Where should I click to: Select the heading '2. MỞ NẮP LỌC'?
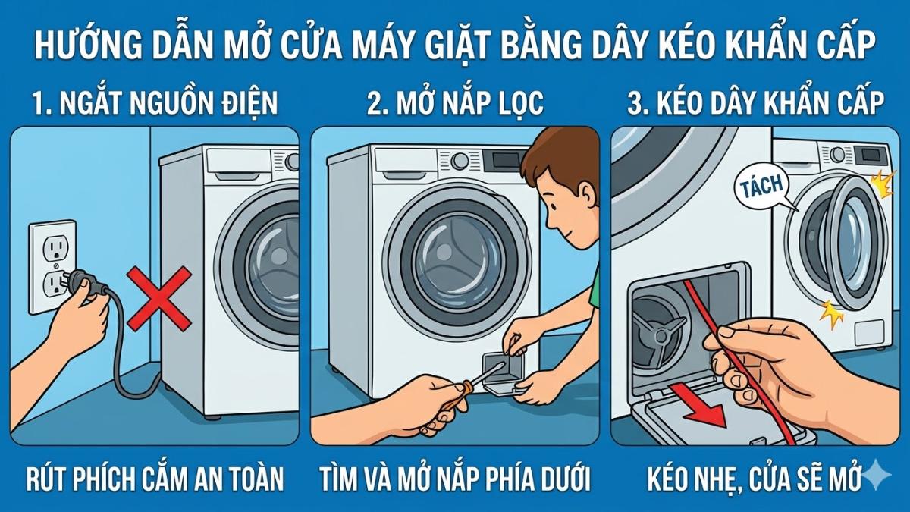coord(455,102)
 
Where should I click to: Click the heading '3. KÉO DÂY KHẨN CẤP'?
coord(755,102)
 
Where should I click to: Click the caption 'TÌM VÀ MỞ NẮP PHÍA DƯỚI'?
coord(455,479)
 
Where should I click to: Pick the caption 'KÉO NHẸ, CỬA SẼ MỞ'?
coord(754,479)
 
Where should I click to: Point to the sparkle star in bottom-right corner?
coord(881,475)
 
